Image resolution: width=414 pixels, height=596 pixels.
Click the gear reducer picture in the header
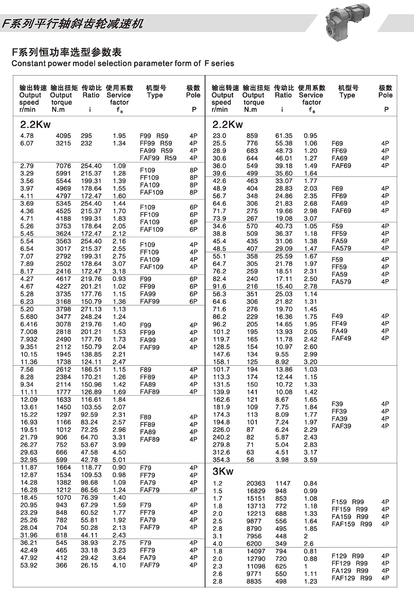[347, 21]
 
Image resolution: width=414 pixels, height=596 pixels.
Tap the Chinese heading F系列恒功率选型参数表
[67, 52]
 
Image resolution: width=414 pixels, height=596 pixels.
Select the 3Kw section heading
[223, 471]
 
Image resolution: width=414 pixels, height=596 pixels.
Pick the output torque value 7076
[63, 166]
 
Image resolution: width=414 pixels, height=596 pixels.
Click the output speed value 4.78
[27, 136]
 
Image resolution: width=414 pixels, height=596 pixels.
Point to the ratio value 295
[86, 136]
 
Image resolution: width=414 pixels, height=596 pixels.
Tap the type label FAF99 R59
[158, 158]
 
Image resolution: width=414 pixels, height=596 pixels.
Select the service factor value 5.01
[119, 460]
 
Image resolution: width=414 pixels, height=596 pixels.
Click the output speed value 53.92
[29, 565]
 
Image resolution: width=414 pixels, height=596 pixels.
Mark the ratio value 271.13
[91, 309]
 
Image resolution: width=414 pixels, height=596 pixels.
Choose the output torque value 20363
[256, 483]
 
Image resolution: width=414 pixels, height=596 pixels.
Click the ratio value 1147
[283, 483]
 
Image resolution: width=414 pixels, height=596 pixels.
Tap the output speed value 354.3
[221, 460]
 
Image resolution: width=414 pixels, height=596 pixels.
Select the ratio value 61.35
[284, 136]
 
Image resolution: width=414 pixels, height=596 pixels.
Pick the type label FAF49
[341, 338]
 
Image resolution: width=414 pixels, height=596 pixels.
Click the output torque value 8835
[254, 581]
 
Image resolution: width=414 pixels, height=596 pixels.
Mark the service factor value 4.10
[119, 565]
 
